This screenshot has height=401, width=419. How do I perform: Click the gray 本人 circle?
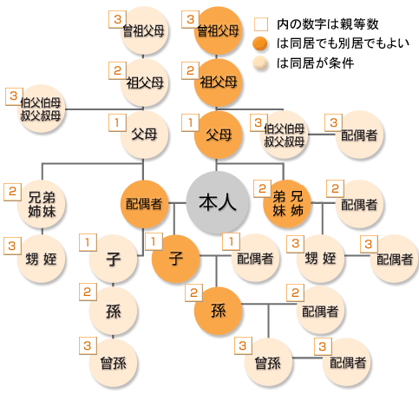[x=218, y=202]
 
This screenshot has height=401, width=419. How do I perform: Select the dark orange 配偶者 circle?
[x=144, y=204]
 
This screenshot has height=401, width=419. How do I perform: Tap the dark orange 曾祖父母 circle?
[x=218, y=30]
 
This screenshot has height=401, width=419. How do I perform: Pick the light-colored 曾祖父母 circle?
[x=144, y=30]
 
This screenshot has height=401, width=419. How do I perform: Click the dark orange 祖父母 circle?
[x=218, y=82]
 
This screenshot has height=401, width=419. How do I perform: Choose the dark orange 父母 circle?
[x=218, y=135]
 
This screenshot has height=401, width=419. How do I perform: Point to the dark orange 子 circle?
[x=175, y=259]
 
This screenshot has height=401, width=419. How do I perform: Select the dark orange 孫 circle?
[x=218, y=311]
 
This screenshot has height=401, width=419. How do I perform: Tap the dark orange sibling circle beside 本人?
[x=287, y=204]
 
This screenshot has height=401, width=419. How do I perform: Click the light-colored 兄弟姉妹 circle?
[x=42, y=204]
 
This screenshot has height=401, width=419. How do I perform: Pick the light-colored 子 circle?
[x=113, y=259]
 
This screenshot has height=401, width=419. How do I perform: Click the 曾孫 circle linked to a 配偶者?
[x=268, y=362]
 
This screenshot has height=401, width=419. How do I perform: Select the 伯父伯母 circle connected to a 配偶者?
[x=285, y=135]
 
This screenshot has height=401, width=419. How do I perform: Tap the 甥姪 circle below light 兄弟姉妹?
[x=42, y=259]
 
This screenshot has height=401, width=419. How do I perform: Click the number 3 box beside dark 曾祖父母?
[x=190, y=19]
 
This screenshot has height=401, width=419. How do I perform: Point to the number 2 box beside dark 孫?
[x=193, y=293]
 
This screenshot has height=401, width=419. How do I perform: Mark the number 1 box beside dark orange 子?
[x=154, y=241]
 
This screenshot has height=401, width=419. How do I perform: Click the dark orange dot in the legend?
[x=260, y=43]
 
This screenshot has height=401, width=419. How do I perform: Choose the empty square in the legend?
[x=261, y=24]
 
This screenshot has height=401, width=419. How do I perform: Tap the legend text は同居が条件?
[x=315, y=63]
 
